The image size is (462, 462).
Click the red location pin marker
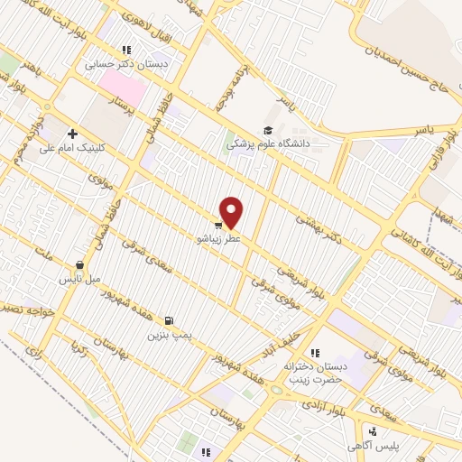232,211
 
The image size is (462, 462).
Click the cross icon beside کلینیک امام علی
72,134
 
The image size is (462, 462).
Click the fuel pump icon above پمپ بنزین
169,320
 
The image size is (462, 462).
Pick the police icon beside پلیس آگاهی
372,432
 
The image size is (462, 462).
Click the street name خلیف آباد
267,342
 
